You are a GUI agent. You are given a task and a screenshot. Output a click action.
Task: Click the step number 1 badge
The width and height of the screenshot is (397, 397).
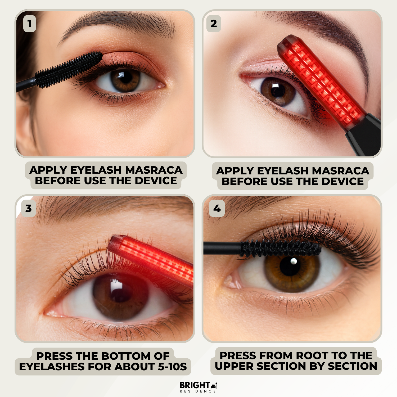coord(29,24)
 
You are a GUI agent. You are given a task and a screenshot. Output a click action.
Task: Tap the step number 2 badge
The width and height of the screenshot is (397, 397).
coord(214,24)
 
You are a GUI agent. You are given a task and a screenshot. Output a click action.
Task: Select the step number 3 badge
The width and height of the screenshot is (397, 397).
coord(29,209)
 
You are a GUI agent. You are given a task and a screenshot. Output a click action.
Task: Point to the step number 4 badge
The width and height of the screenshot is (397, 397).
coord(217,209)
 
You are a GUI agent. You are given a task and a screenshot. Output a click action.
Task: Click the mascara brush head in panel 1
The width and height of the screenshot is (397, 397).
coord(69,69)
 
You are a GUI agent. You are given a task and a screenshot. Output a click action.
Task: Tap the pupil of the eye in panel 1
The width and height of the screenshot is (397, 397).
coord(125,77)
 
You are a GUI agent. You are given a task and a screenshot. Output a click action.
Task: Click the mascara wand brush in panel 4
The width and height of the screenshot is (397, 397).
coord(281,248)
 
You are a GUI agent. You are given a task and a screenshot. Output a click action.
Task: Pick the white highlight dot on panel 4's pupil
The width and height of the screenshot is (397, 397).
coord(294,261)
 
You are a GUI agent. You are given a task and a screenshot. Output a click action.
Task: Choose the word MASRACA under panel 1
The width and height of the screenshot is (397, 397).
coord(154,170)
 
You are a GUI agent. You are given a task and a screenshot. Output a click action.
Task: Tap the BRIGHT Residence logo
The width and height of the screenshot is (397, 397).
coord(198,387)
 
